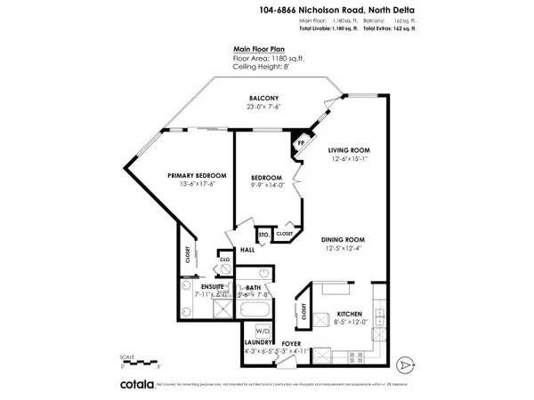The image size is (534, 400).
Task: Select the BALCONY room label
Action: (x=263, y=98)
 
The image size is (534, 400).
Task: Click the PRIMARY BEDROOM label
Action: (x=197, y=175)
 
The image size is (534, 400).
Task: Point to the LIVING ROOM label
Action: (x=348, y=150)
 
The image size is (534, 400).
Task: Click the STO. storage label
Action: (x=263, y=235)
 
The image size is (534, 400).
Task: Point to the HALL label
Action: (x=248, y=250)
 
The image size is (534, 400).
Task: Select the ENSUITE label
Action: (x=212, y=286)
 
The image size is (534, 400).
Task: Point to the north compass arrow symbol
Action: (x=406, y=364)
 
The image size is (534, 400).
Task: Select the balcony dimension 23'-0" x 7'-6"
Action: (x=263, y=107)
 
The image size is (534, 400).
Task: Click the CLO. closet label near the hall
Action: (x=224, y=261)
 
